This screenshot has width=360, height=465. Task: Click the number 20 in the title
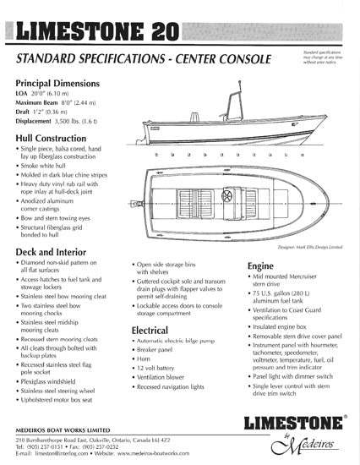pos(156,33)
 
